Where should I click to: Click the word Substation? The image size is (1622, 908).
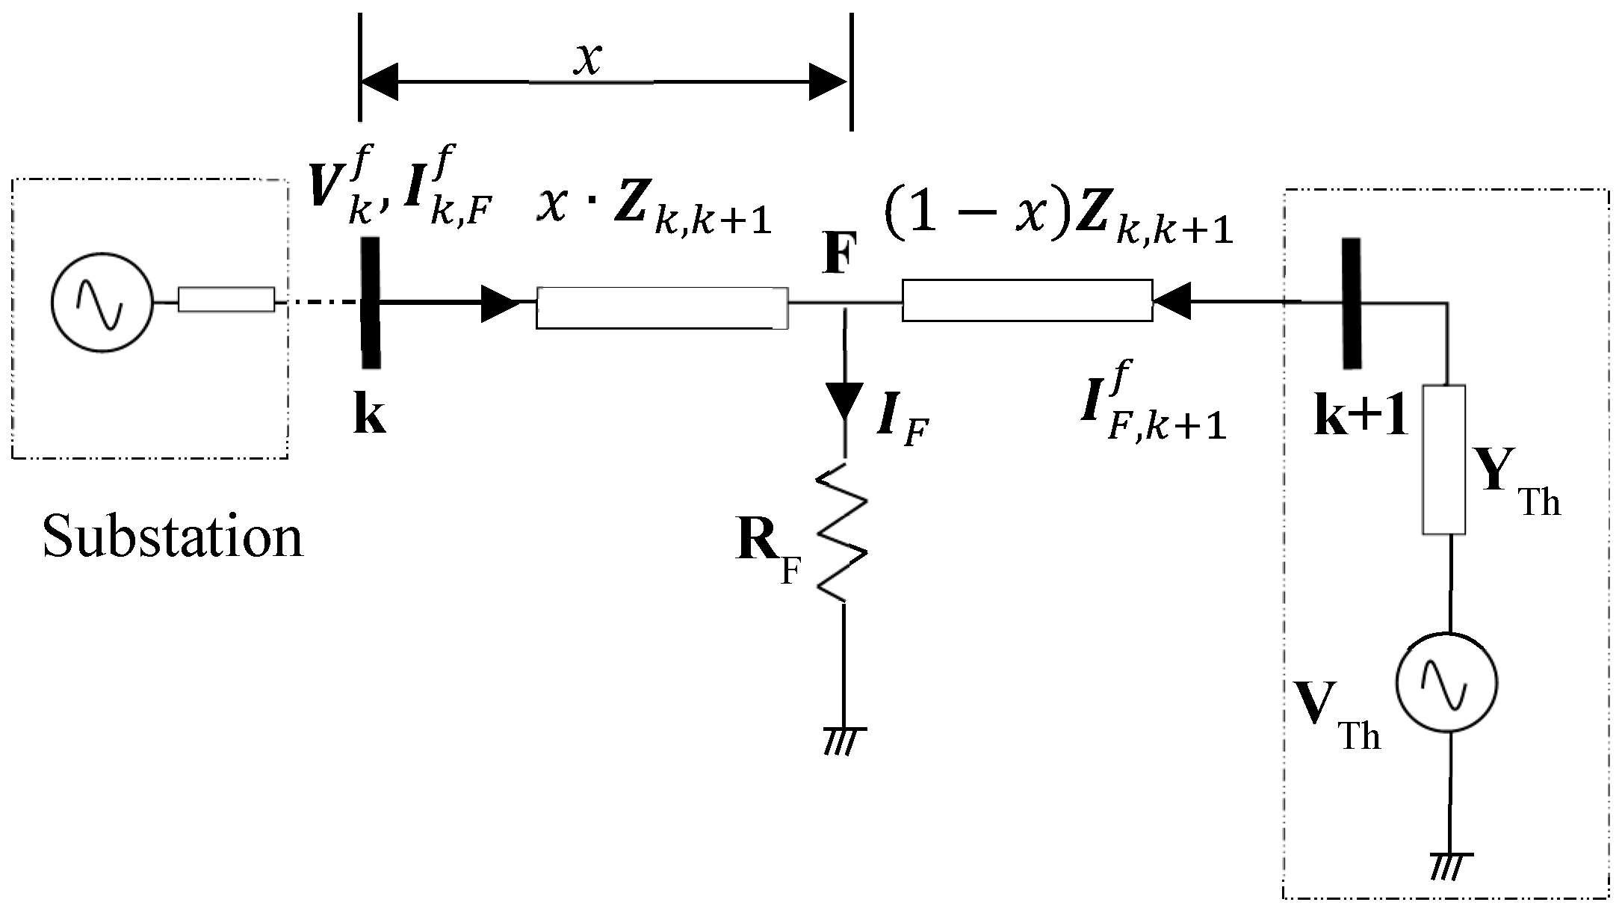tap(173, 537)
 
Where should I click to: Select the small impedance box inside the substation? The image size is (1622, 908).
tap(226, 300)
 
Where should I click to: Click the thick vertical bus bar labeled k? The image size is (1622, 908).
tap(370, 303)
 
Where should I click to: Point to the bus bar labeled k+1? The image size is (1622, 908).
tap(1350, 303)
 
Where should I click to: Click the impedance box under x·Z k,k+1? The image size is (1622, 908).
tap(661, 307)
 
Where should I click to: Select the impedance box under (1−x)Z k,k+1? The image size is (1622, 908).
tap(1027, 300)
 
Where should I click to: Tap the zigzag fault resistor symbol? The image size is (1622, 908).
tap(843, 532)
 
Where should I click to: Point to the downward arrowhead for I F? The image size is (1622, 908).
tap(845, 404)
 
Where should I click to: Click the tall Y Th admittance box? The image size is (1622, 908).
tap(1443, 460)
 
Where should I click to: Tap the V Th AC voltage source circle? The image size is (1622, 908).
tap(1447, 682)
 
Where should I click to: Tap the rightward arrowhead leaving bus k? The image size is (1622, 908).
tap(499, 303)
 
